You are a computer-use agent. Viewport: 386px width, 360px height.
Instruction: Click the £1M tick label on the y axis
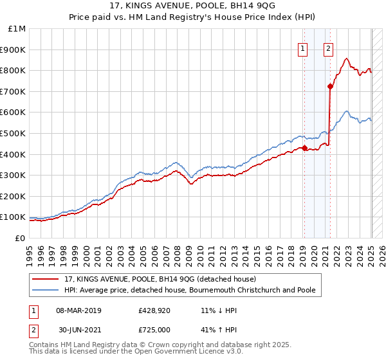click(x=17, y=29)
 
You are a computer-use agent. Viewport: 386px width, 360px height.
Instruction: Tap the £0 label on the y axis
click(x=21, y=238)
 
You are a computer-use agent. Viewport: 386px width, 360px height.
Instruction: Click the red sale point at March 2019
click(x=304, y=148)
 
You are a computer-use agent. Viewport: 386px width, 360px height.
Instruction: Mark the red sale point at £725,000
click(x=330, y=86)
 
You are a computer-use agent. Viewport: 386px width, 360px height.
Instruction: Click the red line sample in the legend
click(x=46, y=279)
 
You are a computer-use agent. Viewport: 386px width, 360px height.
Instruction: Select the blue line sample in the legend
click(x=46, y=290)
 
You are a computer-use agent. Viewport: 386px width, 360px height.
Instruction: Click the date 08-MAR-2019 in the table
click(x=78, y=310)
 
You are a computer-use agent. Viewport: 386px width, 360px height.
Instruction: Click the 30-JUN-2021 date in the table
click(x=78, y=328)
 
